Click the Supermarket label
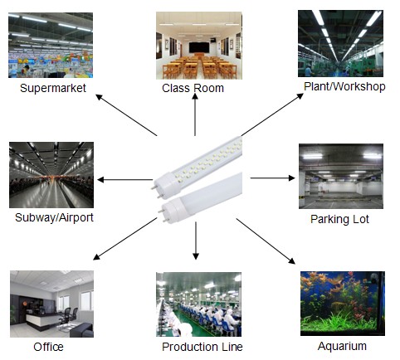(53, 89)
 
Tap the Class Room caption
(193, 89)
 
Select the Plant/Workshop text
(344, 86)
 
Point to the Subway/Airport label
(54, 217)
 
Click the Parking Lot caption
(339, 219)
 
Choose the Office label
(48, 347)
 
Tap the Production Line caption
(202, 347)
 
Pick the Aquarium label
(342, 346)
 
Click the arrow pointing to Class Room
(195, 114)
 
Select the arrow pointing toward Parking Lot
(272, 178)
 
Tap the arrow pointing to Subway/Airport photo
(125, 180)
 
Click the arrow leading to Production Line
(196, 241)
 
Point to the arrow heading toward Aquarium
(266, 241)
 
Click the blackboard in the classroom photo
(199, 47)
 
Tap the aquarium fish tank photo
(343, 304)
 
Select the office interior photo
(51, 304)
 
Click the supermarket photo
(51, 46)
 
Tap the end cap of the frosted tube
(174, 211)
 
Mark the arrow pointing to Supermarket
(126, 115)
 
